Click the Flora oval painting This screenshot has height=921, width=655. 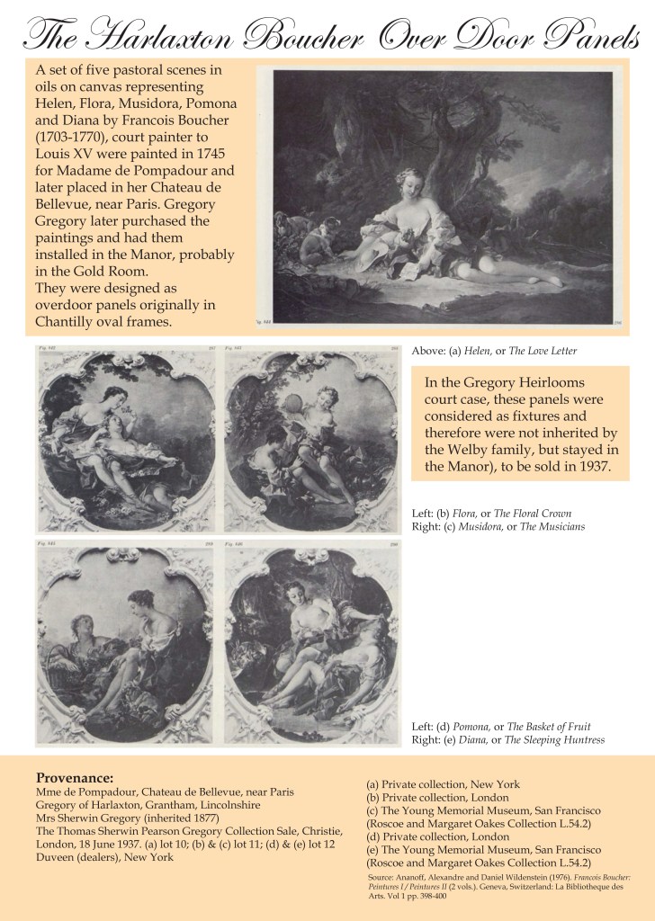[x=125, y=440]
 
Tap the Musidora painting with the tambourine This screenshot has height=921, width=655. [x=311, y=440]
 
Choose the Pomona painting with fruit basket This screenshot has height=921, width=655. [x=125, y=643]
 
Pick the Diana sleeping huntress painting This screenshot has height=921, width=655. [x=311, y=643]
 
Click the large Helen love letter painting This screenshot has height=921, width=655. [x=443, y=195]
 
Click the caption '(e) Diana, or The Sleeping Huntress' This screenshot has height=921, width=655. [x=514, y=739]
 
